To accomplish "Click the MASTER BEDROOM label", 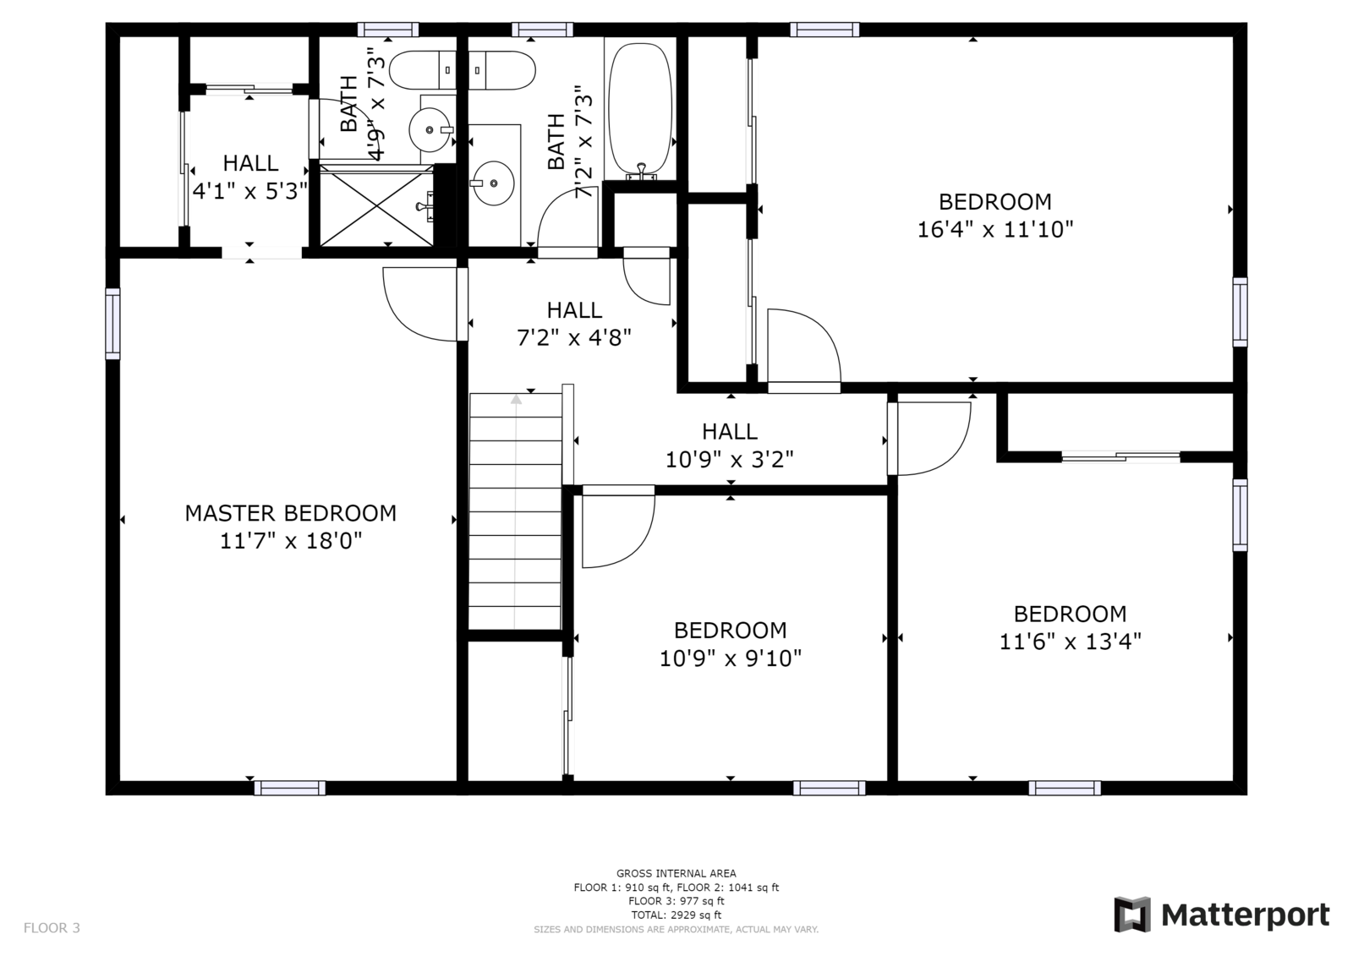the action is pyautogui.click(x=291, y=513).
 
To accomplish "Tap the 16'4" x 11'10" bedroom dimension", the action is pyautogui.click(x=994, y=229).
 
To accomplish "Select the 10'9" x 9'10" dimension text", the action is pyautogui.click(x=731, y=658).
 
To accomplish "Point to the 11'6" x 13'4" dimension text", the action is pyautogui.click(x=1070, y=642).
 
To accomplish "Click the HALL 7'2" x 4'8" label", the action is pyautogui.click(x=574, y=324).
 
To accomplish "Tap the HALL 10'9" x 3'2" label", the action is pyautogui.click(x=729, y=445).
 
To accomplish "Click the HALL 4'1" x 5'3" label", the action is pyautogui.click(x=250, y=177).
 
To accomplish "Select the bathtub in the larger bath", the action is pyautogui.click(x=640, y=111).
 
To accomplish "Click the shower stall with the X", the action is pyautogui.click(x=376, y=205).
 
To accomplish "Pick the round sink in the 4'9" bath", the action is pyautogui.click(x=430, y=129).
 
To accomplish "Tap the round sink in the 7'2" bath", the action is pyautogui.click(x=493, y=183).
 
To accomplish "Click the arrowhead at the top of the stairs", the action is pyautogui.click(x=516, y=399).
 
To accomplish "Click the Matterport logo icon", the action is pyautogui.click(x=1132, y=915).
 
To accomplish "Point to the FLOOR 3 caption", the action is pyautogui.click(x=52, y=927).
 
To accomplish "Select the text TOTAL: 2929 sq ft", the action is pyautogui.click(x=676, y=915).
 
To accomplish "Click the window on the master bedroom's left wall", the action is pyautogui.click(x=113, y=324).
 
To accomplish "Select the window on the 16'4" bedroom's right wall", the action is pyautogui.click(x=1240, y=312).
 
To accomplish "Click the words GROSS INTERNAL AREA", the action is pyautogui.click(x=676, y=873).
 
